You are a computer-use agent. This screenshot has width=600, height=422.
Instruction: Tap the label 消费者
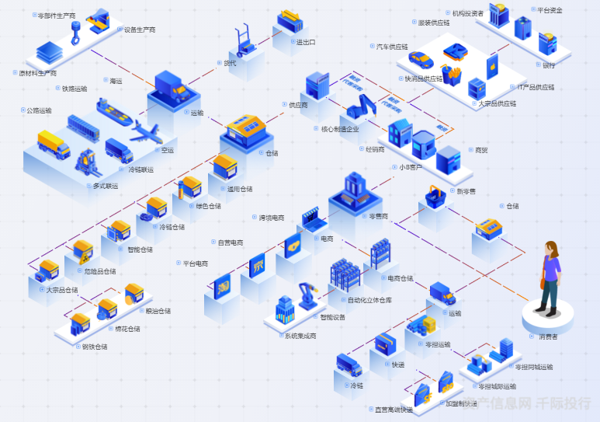(548, 337)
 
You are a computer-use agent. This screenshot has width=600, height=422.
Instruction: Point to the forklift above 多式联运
(85, 162)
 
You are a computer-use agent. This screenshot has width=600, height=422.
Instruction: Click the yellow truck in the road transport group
(54, 143)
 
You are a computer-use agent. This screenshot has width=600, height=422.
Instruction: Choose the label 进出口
(306, 42)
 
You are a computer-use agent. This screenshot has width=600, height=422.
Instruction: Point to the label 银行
(549, 65)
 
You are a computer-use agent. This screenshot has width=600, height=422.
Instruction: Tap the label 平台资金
(550, 10)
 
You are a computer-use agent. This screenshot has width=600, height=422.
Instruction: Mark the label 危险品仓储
(100, 271)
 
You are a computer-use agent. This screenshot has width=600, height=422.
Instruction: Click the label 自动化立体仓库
(369, 300)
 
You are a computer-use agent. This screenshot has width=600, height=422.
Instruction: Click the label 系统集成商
(300, 336)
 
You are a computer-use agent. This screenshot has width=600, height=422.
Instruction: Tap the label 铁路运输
(75, 89)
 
